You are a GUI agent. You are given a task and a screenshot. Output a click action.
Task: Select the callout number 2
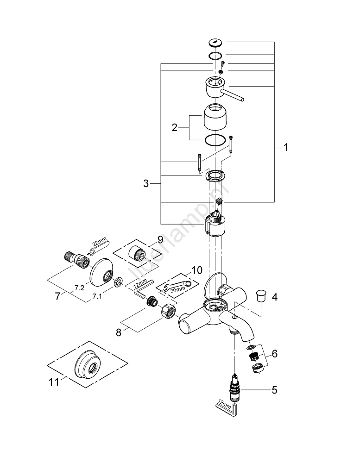click(175, 128)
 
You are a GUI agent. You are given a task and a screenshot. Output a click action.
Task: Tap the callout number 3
click(146, 184)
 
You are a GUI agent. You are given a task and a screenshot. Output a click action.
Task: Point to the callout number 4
click(275, 297)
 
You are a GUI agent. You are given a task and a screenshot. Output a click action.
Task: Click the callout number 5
click(274, 390)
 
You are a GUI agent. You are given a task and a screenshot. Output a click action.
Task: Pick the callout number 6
click(274, 354)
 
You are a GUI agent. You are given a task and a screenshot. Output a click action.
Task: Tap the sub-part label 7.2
click(79, 288)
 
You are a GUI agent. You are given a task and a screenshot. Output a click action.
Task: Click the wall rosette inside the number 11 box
click(88, 368)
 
